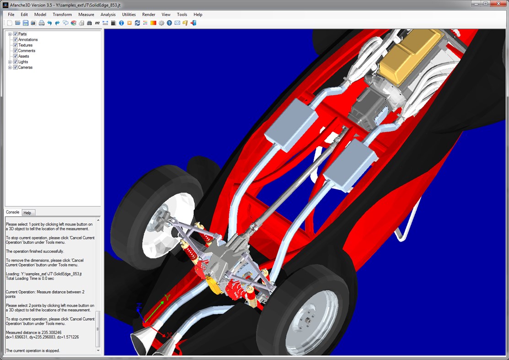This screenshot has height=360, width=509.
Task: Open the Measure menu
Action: [86, 15]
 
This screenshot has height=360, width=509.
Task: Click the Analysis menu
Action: [108, 15]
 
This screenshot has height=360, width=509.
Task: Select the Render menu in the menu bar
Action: [149, 15]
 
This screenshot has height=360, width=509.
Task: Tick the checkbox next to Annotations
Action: [15, 40]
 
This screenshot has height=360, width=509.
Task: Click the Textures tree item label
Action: [25, 45]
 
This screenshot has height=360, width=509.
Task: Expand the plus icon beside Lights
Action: [10, 62]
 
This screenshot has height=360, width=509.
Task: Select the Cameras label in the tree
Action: [25, 67]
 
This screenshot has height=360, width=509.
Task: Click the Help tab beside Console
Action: [27, 213]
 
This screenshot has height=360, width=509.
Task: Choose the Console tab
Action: [13, 212]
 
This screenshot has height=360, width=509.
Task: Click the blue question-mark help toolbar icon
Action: [169, 23]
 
